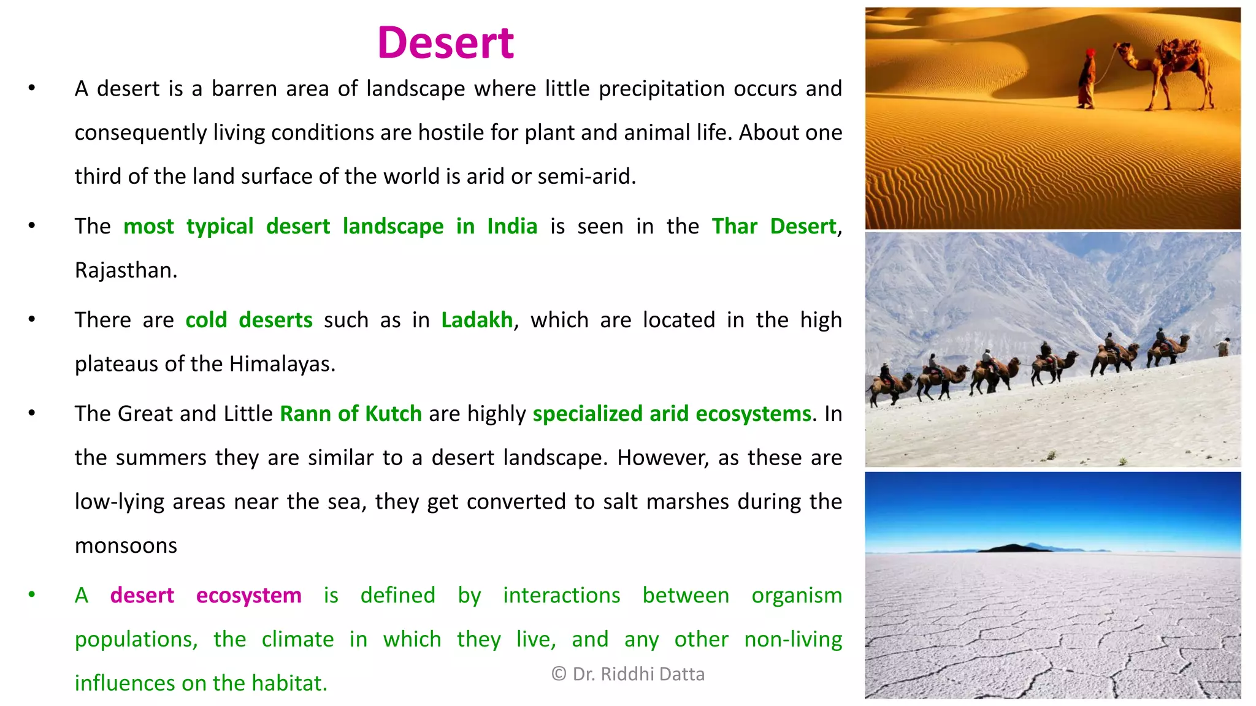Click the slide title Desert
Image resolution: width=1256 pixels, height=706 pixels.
coord(445,43)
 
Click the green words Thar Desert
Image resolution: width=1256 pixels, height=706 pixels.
coord(773,227)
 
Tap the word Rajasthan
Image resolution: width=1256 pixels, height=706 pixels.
coord(125,270)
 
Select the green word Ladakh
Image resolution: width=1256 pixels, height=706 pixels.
coord(477,321)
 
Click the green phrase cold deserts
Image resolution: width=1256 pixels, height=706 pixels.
coord(248,321)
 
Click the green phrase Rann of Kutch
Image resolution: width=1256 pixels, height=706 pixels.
coord(350,414)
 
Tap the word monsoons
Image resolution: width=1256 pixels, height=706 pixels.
coord(126,545)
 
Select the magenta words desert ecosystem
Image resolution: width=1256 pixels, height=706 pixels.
coord(205,596)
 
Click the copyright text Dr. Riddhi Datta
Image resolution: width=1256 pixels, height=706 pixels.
coord(628,674)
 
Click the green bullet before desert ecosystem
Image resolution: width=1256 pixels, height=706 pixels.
coord(32,594)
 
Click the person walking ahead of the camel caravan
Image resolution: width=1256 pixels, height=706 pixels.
coord(1223,347)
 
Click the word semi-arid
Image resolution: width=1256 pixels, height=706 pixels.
coord(586,176)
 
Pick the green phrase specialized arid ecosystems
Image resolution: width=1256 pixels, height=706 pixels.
coord(672,414)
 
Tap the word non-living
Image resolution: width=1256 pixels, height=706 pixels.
coord(792,640)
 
